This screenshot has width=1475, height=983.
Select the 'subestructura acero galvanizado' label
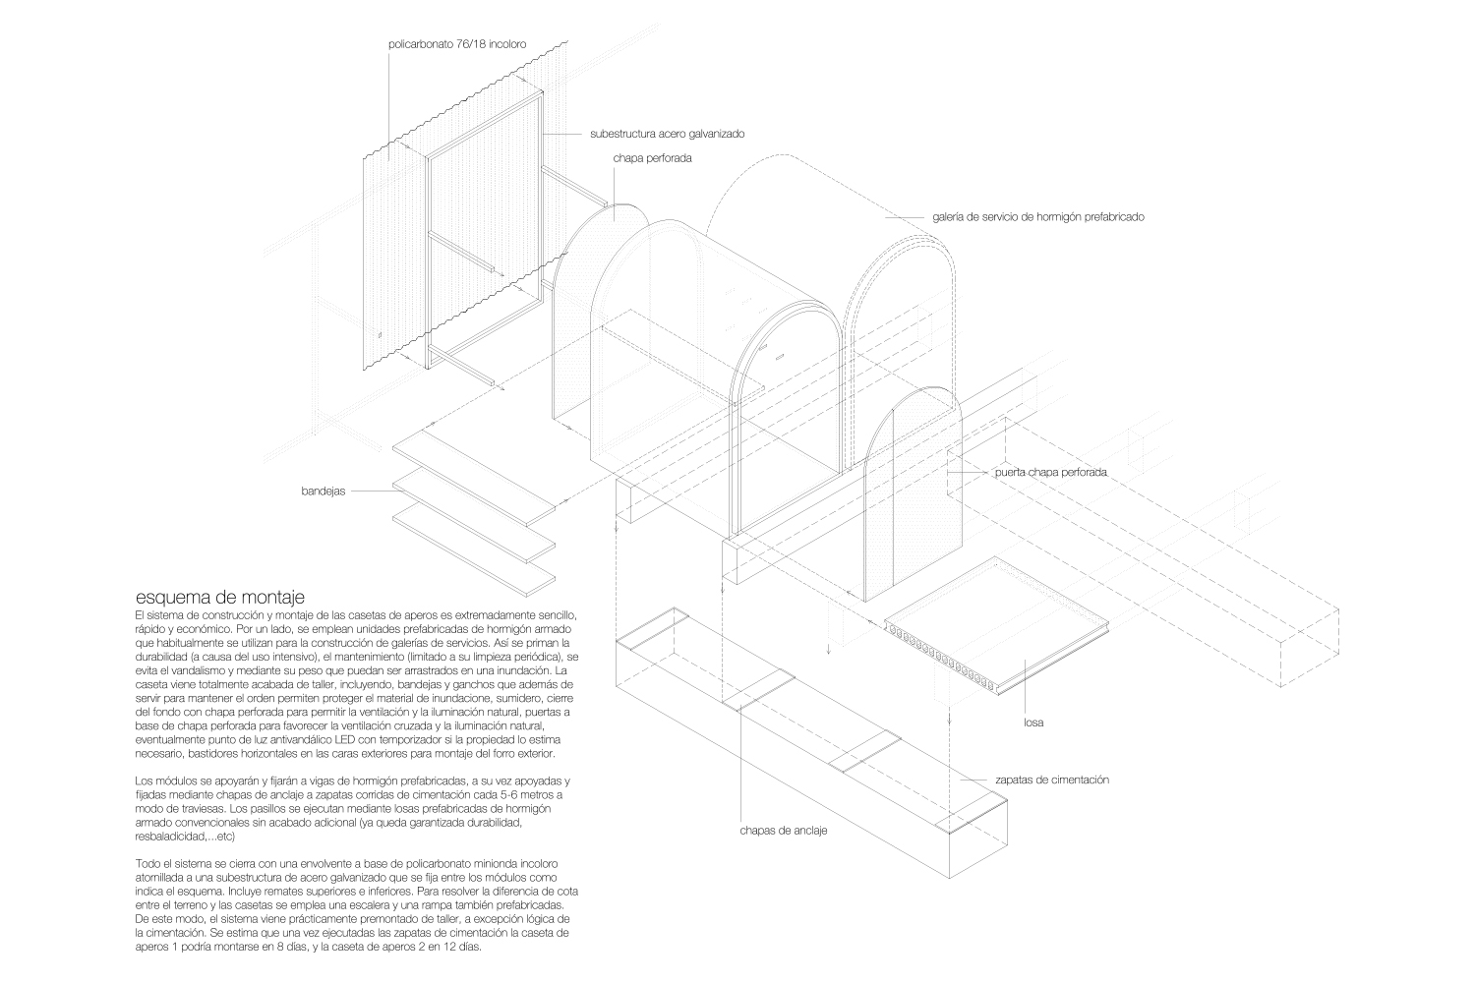pos(674,133)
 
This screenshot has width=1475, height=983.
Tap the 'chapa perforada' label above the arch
pos(653,158)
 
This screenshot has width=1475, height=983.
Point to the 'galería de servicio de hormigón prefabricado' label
pos(1037,216)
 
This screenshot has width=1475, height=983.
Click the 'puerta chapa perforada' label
pos(1050,472)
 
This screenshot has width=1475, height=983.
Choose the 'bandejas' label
pos(324,491)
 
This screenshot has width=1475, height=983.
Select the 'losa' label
pos(1033,723)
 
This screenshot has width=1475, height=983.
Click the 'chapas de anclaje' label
pos(784,831)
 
